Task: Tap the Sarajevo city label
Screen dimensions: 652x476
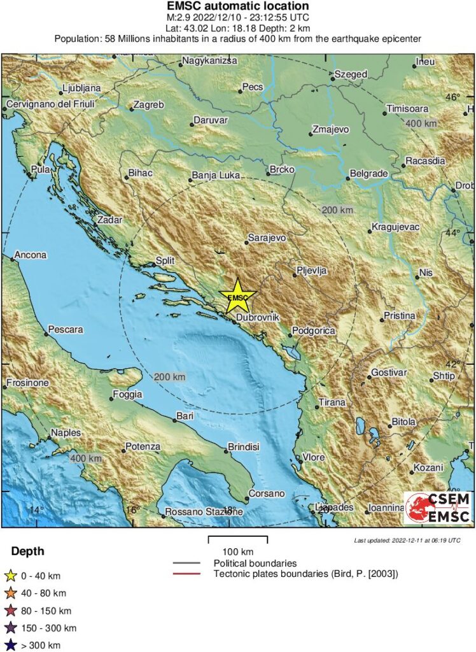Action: pyautogui.click(x=267, y=237)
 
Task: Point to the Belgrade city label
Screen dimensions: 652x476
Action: pyautogui.click(x=369, y=174)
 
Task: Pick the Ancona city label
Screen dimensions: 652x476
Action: pyautogui.click(x=31, y=255)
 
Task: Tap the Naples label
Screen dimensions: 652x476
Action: pyautogui.click(x=66, y=433)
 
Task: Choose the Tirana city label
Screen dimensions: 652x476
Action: pyautogui.click(x=332, y=402)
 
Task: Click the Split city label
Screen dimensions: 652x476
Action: pyautogui.click(x=165, y=260)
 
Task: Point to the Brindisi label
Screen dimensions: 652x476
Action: pyautogui.click(x=244, y=447)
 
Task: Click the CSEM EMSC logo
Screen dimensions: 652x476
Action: pyautogui.click(x=438, y=507)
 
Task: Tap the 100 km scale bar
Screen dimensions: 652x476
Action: pyautogui.click(x=238, y=540)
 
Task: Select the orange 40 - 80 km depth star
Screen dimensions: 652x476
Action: pyautogui.click(x=11, y=593)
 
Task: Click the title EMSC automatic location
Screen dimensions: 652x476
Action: pyautogui.click(x=237, y=6)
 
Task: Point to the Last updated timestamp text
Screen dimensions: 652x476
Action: pyautogui.click(x=407, y=541)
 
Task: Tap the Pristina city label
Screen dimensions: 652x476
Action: pyautogui.click(x=399, y=316)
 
